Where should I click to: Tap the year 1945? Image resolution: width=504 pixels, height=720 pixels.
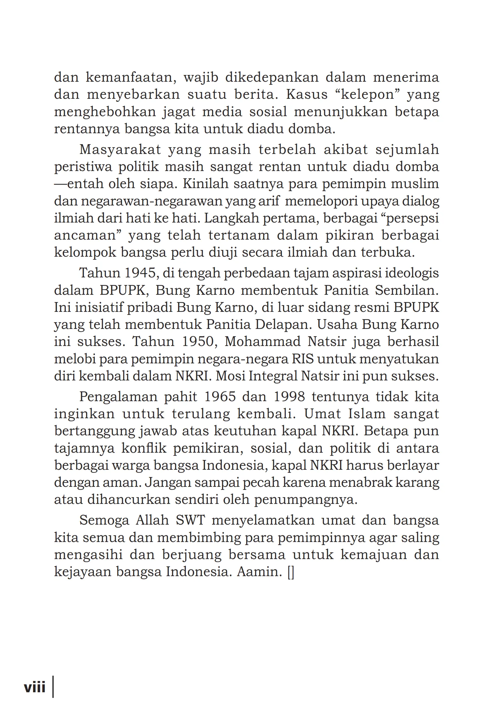click(140, 273)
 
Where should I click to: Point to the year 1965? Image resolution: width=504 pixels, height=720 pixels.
click(220, 397)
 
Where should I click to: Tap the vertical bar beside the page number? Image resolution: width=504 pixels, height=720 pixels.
click(53, 686)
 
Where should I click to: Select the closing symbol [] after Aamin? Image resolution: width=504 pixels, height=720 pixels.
click(291, 571)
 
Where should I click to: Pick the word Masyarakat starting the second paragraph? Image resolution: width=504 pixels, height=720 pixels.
click(120, 150)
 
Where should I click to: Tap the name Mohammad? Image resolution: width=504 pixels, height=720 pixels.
click(262, 341)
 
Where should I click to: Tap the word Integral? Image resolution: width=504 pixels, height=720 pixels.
click(273, 376)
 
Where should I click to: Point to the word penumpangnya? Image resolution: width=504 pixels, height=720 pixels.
click(306, 500)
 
